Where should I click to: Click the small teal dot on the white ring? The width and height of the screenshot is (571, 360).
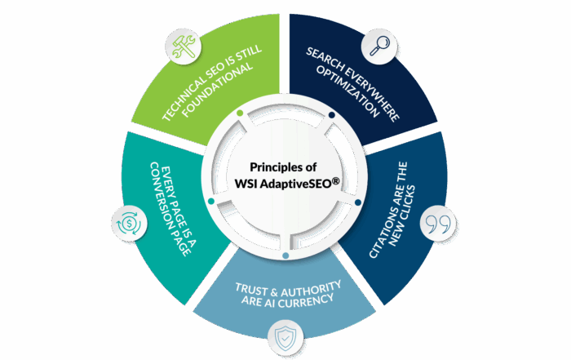[x=211, y=200]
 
